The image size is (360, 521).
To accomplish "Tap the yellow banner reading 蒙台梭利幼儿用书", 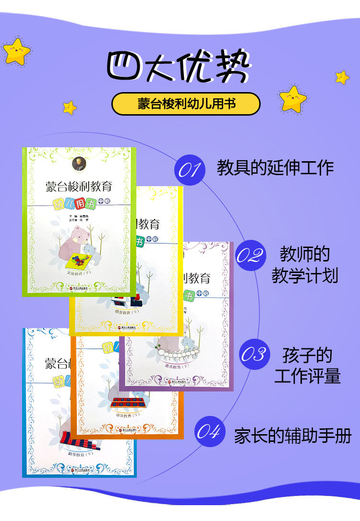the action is pos(186,104).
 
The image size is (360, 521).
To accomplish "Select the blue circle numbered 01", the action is pos(189,168).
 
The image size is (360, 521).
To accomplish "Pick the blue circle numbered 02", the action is pos(250,256).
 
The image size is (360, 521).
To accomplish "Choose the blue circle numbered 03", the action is pos(253,355).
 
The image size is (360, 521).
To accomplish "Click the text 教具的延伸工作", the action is pos(275,168).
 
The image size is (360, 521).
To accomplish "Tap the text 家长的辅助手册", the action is pos(293,436).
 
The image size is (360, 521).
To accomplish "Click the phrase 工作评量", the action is pos(308,376).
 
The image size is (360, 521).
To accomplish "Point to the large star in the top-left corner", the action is pos(17,51).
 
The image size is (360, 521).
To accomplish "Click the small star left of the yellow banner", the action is pos(70,107).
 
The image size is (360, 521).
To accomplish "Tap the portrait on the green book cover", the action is pos(78,164).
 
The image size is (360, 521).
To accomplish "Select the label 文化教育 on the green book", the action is pos(79,274).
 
